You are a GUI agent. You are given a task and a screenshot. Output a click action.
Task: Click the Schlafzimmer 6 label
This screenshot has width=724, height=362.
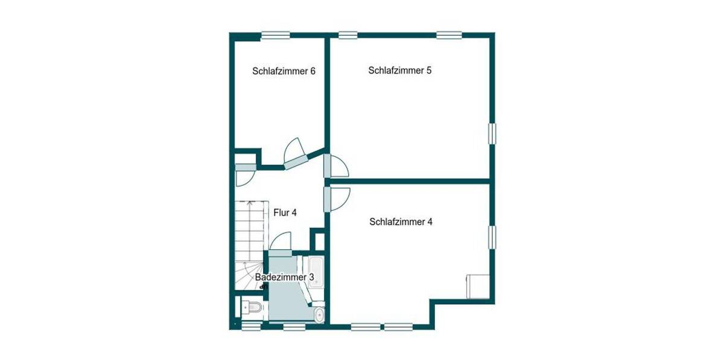coord(284,71)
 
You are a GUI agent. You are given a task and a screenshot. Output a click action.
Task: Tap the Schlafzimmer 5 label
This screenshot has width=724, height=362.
coord(399,71)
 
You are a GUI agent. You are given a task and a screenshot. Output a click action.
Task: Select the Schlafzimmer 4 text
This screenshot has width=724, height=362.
coord(401,221)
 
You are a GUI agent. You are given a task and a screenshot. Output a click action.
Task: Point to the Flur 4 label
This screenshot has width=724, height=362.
coord(285,212)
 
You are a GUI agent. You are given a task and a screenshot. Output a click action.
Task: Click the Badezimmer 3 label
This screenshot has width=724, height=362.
coord(285,277)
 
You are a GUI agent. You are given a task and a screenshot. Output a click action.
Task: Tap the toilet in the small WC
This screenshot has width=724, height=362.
coord(252,308)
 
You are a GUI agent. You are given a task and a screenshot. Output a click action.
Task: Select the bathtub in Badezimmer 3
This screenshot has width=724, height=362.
coord(316,272)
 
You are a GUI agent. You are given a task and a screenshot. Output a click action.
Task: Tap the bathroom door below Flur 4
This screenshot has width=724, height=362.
coord(281,243)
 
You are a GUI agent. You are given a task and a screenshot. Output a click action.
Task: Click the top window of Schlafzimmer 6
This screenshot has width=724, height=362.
coord(275,35)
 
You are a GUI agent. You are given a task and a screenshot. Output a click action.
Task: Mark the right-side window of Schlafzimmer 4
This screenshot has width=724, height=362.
coord(492,237)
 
